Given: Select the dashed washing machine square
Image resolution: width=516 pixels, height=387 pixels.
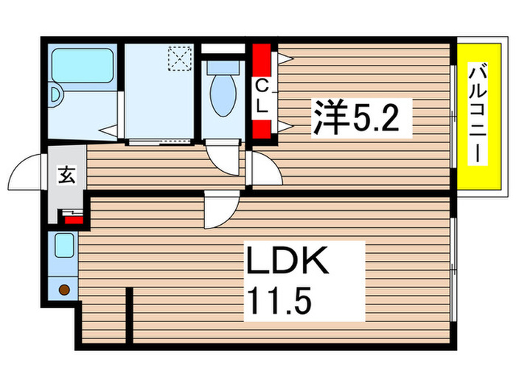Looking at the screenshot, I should coord(178,57).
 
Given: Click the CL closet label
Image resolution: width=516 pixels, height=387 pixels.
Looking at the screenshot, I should coord(262,97).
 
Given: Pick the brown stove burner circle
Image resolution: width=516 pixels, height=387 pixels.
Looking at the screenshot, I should coord(63,290).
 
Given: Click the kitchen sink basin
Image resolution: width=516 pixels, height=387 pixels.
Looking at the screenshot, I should coord(64,245).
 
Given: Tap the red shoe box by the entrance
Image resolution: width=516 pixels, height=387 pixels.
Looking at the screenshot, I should coord(72,217).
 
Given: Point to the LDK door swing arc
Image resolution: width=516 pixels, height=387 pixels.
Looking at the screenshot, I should coord(221,211).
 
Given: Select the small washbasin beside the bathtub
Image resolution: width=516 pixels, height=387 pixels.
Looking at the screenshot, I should coord(55,94).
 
